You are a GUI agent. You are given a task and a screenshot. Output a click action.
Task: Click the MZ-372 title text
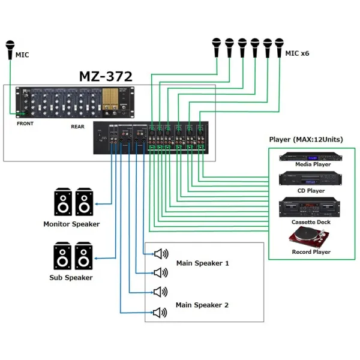[106, 77]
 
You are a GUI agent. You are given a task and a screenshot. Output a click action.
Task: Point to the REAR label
[77, 127]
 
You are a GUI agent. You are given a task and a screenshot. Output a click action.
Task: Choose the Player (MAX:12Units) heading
[306, 139]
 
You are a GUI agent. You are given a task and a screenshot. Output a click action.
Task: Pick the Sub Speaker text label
[71, 277]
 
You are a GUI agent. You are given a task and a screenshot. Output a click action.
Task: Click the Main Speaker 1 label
[202, 263]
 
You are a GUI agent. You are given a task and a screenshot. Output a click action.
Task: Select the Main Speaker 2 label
[202, 305]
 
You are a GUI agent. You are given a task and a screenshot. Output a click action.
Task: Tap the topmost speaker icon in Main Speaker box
[160, 253]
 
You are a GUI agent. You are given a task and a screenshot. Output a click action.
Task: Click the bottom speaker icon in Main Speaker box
[160, 313]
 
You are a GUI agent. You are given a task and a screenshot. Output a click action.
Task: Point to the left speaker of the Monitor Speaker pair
[63, 202]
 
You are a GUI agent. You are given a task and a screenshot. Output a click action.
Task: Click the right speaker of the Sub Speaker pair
[83, 256]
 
